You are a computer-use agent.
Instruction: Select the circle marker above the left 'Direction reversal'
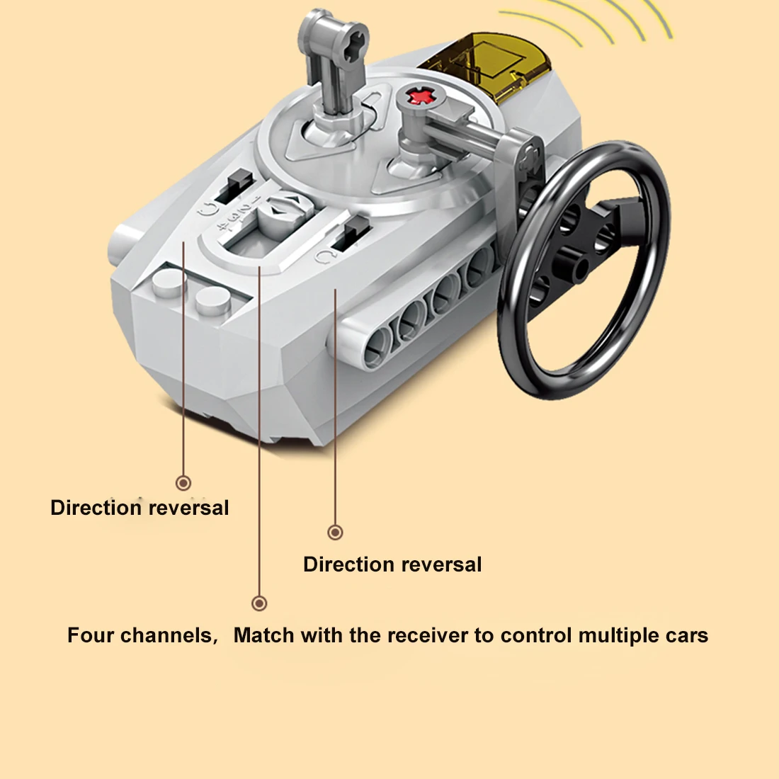pos(183,483)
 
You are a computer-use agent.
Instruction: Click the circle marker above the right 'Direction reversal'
pos(336,533)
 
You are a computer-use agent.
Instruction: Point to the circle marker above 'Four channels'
pos(259,603)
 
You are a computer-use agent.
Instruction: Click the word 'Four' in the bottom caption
pos(91,635)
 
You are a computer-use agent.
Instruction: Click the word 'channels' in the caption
pos(166,635)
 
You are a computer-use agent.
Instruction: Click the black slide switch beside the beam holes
pos(353,232)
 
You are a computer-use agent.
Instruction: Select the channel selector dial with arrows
pos(284,211)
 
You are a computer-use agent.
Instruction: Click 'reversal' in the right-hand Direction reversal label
pos(442,564)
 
